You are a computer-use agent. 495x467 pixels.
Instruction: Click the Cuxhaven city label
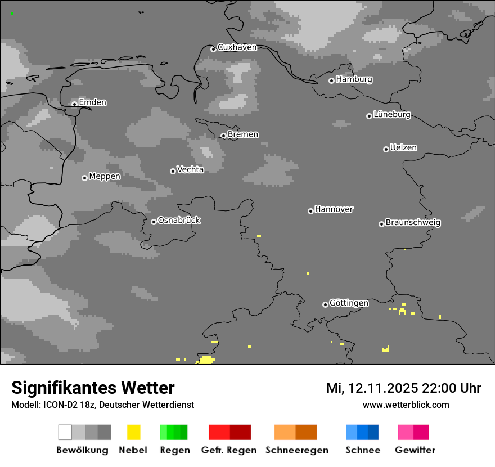pyautogui.click(x=237, y=47)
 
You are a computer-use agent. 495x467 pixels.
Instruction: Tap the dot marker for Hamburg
pyautogui.click(x=331, y=80)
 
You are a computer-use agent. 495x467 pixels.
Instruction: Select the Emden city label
pyautogui.click(x=92, y=102)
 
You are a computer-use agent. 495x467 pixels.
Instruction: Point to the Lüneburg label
pyautogui.click(x=392, y=114)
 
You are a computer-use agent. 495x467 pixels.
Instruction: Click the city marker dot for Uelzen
pyautogui.click(x=386, y=149)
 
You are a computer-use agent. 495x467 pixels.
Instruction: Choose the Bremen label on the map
pyautogui.click(x=243, y=134)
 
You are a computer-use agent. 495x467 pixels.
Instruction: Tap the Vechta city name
pyautogui.click(x=190, y=169)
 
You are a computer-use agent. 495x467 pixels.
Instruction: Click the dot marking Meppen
pyautogui.click(x=84, y=178)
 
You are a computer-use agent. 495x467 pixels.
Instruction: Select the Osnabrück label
pyautogui.click(x=179, y=220)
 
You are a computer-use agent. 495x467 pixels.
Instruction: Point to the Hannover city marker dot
pyautogui.click(x=310, y=211)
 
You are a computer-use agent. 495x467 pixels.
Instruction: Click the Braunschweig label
pyautogui.click(x=413, y=222)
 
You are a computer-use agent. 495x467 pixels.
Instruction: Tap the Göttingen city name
pyautogui.click(x=349, y=303)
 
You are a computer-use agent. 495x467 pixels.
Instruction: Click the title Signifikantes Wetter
pyautogui.click(x=93, y=388)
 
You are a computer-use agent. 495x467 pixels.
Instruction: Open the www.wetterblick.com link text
pyautogui.click(x=406, y=405)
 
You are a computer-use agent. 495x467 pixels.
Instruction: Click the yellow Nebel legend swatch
pyautogui.click(x=133, y=432)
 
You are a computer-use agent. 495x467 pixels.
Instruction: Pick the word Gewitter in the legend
pyautogui.click(x=415, y=450)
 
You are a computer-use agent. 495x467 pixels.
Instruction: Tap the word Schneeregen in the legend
pyautogui.click(x=297, y=450)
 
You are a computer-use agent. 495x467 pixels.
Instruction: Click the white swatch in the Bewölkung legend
pyautogui.click(x=65, y=432)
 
